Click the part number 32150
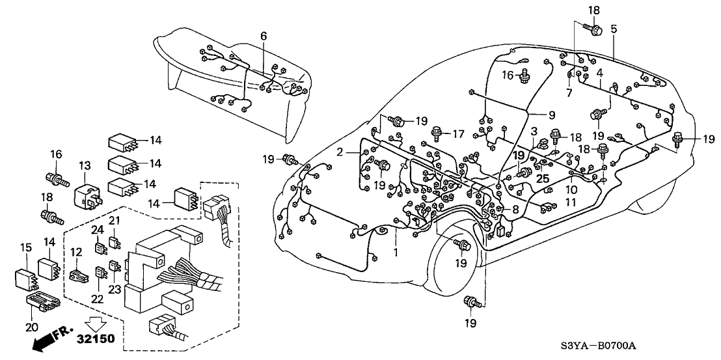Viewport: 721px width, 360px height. (97, 339)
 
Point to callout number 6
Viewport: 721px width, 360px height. (264, 36)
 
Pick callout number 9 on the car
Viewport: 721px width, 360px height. (551, 115)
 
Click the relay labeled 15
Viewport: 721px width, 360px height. (25, 277)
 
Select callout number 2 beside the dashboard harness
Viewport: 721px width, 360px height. (340, 151)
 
